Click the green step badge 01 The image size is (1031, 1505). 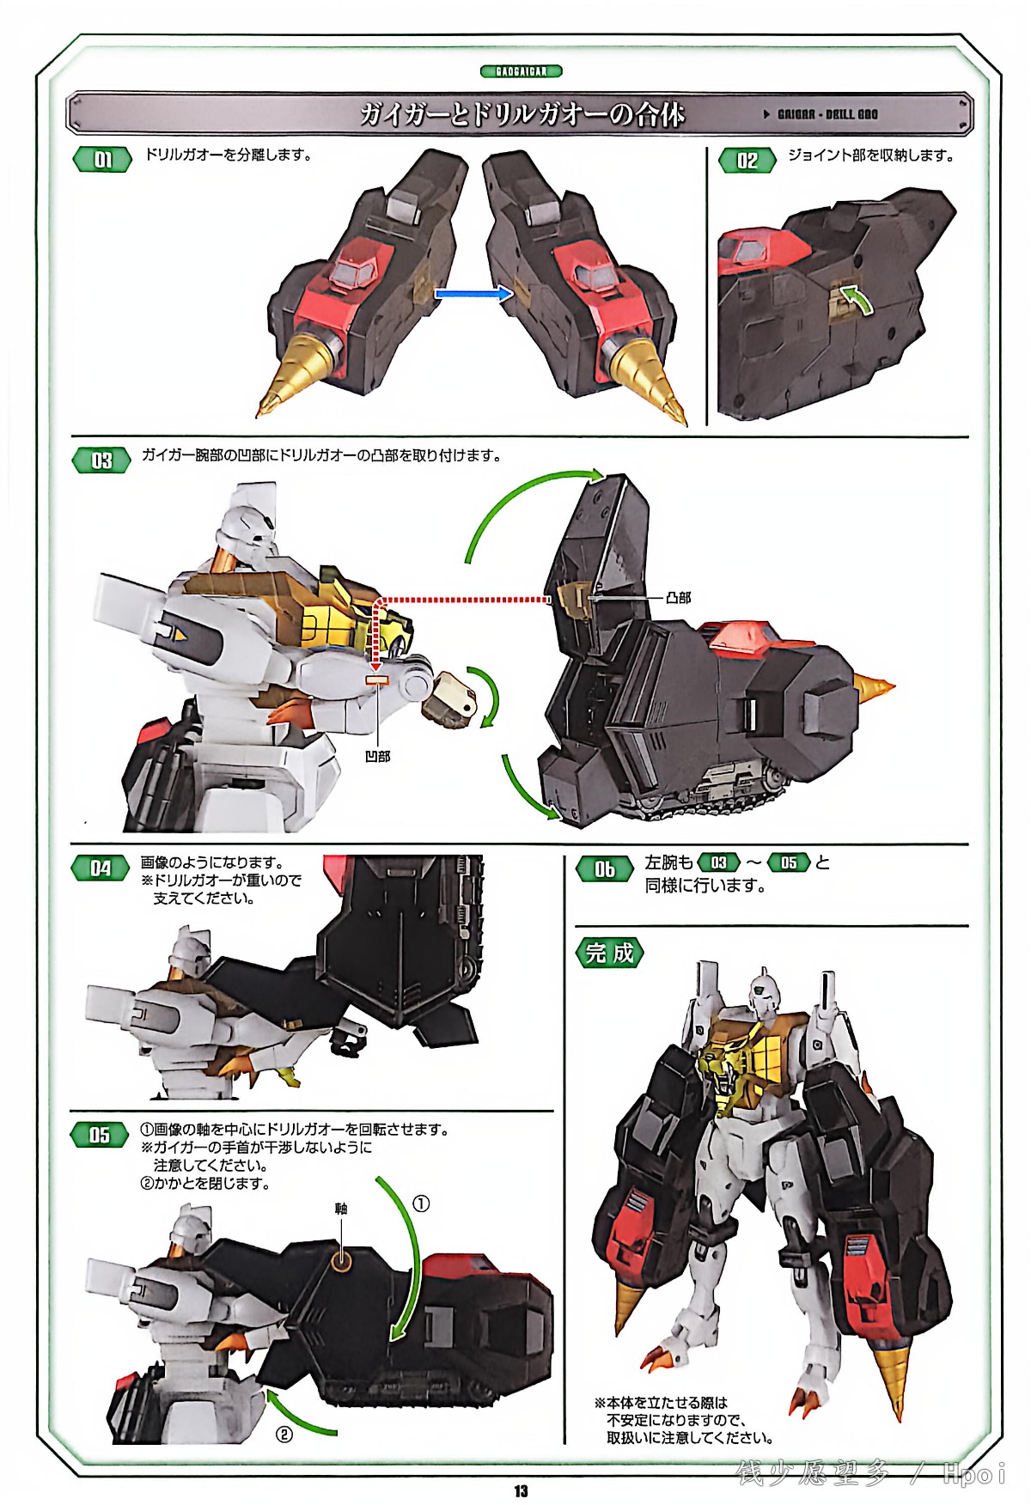tap(102, 160)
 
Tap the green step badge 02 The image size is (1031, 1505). tap(747, 161)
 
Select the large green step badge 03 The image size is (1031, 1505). tap(101, 460)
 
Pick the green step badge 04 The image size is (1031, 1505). tap(101, 868)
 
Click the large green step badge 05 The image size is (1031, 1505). tap(101, 1135)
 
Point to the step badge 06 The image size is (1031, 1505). tap(605, 869)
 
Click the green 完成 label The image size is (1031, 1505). tap(609, 953)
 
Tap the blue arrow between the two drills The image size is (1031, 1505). tap(473, 294)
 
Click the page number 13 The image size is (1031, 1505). tap(521, 1491)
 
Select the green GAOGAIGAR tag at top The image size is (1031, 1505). tap(521, 71)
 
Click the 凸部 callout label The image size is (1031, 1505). tap(678, 597)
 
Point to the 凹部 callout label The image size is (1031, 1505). tap(377, 756)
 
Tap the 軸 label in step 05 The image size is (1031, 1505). tap(341, 1209)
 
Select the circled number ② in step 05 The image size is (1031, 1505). tap(284, 1435)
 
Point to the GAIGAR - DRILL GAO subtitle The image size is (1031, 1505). tap(827, 114)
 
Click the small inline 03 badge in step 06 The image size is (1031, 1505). tap(718, 862)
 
